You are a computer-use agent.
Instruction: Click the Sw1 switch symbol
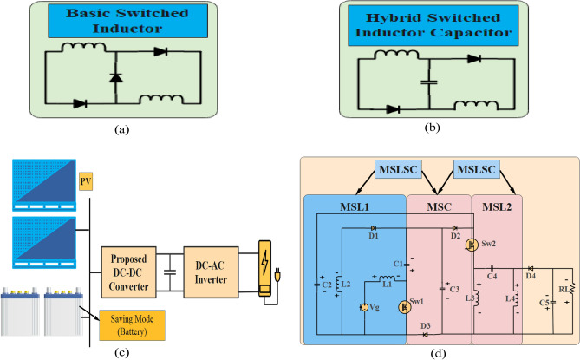[404, 306]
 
